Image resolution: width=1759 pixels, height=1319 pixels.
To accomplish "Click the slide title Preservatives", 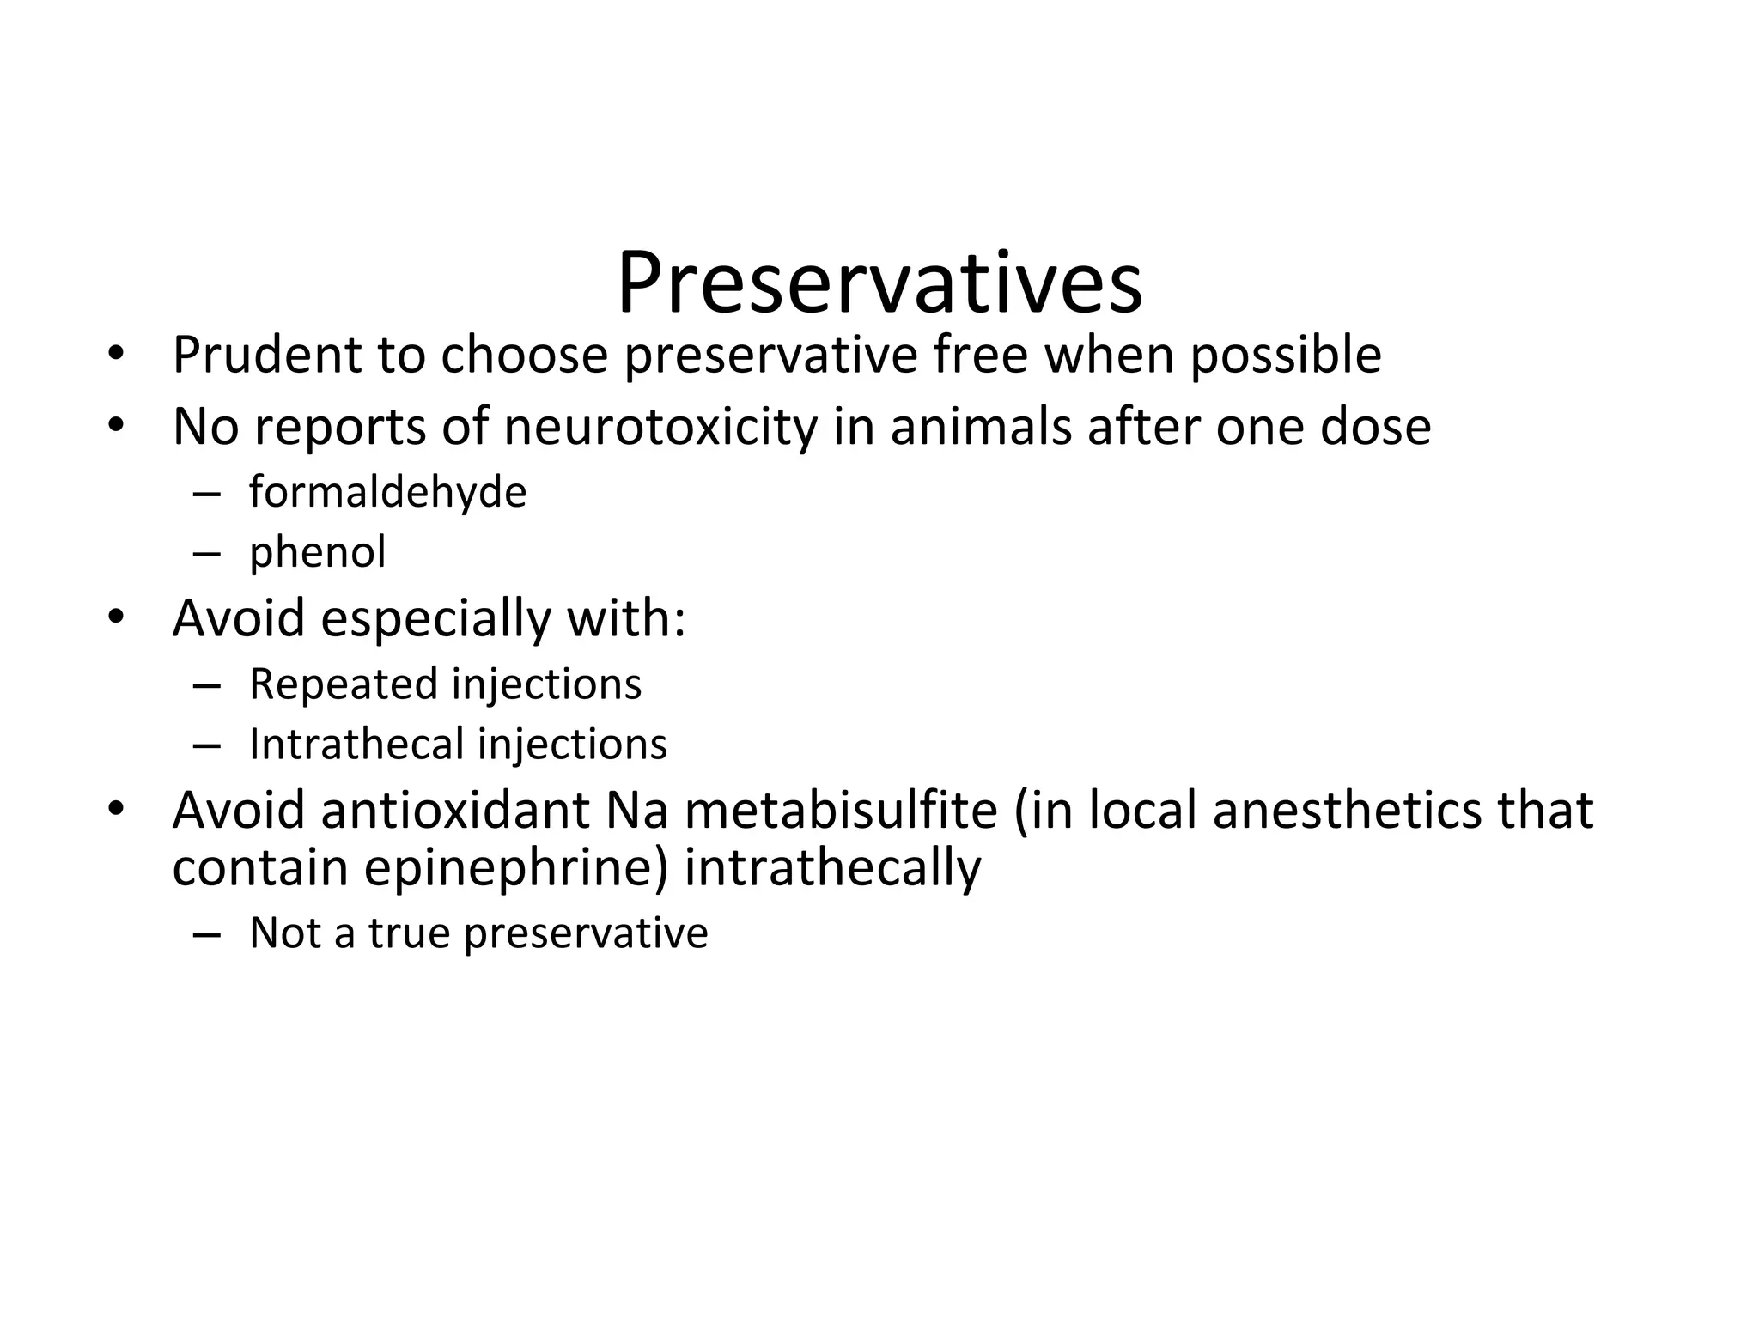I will tap(879, 283).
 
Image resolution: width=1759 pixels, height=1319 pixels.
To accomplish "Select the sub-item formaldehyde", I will tap(387, 493).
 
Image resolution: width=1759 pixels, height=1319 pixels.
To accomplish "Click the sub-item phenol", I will tap(317, 552).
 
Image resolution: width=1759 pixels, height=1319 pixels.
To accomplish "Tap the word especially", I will tap(435, 618).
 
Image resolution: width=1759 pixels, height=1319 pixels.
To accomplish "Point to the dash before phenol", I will tap(206, 553).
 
